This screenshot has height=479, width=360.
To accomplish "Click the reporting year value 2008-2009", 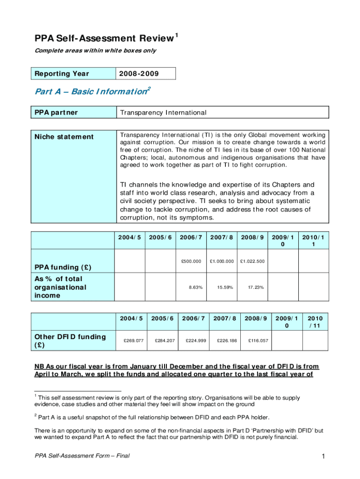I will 139,74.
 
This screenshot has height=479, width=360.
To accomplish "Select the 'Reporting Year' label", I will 62,74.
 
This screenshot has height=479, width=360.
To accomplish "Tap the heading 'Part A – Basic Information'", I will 91,92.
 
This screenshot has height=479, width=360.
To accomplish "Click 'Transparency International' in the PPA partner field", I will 163,113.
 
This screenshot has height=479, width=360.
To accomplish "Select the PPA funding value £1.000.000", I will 222,261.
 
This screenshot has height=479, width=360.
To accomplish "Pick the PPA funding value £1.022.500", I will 252,261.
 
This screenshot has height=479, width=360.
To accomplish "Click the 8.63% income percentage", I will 195,287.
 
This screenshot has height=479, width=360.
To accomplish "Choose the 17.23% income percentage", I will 256,287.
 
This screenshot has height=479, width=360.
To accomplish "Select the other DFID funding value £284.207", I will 165,341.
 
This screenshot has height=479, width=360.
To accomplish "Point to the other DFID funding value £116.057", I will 258,341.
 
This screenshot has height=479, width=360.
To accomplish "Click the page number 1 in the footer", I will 323,456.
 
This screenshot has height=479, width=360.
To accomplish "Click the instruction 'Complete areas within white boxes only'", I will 95,51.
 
